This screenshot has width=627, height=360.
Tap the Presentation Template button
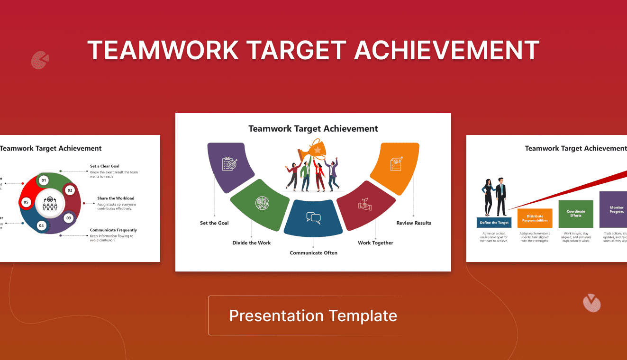pyautogui.click(x=313, y=315)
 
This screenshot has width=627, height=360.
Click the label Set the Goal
pyautogui.click(x=214, y=223)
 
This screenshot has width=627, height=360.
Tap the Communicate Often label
pyautogui.click(x=313, y=253)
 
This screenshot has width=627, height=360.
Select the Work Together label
pyautogui.click(x=375, y=243)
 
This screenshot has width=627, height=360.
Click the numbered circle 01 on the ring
pyautogui.click(x=44, y=180)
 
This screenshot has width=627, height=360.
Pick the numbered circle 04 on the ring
pyautogui.click(x=42, y=225)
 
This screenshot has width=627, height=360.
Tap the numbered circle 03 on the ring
pyautogui.click(x=69, y=218)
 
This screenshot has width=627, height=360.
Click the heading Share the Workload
pyautogui.click(x=116, y=198)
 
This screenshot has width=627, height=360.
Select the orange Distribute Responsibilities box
pyautogui.click(x=535, y=218)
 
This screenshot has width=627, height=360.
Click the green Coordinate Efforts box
pyautogui.click(x=576, y=214)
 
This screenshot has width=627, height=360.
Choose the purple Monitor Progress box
pyautogui.click(x=614, y=209)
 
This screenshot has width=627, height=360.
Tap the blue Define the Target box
pyautogui.click(x=494, y=223)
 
